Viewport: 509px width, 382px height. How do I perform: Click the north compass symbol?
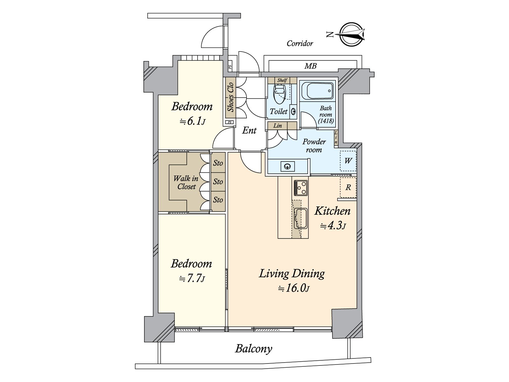pyautogui.click(x=351, y=34)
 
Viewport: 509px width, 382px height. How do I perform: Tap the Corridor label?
pyautogui.click(x=300, y=43)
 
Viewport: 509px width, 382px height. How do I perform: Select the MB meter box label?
pyautogui.click(x=310, y=66)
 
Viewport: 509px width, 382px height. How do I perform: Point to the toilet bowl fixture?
pyautogui.click(x=280, y=94)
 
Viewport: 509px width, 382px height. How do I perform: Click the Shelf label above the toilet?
pyautogui.click(x=282, y=80)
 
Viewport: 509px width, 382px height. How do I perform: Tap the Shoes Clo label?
pyautogui.click(x=230, y=97)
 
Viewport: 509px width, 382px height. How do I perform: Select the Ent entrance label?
pyautogui.click(x=249, y=130)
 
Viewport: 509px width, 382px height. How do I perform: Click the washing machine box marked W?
pyautogui.click(x=348, y=161)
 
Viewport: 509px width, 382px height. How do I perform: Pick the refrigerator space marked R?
pyautogui.click(x=348, y=187)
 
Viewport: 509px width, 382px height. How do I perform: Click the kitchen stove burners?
pyautogui.click(x=300, y=188)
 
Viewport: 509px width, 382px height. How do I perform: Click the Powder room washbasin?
pyautogui.click(x=288, y=166)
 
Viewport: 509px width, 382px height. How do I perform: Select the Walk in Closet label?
pyautogui.click(x=186, y=182)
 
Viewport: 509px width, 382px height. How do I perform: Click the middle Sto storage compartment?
pyautogui.click(x=218, y=181)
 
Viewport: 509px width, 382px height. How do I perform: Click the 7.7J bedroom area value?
pyautogui.click(x=192, y=279)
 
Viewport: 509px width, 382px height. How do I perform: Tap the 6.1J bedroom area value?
pyautogui.click(x=193, y=121)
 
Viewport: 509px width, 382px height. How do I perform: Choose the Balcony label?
pyautogui.click(x=254, y=349)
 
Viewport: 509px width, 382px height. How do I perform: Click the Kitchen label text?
pyautogui.click(x=332, y=211)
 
